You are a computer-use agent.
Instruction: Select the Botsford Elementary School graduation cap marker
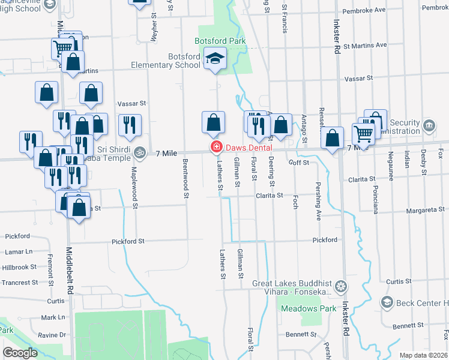point(214,59)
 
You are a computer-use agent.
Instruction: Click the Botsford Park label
point(212,41)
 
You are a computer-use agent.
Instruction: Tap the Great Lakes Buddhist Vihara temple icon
point(341,285)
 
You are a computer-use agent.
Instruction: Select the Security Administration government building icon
point(429,126)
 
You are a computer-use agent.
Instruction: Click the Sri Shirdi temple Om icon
point(140,152)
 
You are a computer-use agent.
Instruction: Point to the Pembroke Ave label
point(363,11)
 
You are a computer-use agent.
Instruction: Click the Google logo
point(20,353)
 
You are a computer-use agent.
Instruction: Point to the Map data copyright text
point(423,355)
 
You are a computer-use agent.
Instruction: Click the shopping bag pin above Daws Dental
point(213,123)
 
